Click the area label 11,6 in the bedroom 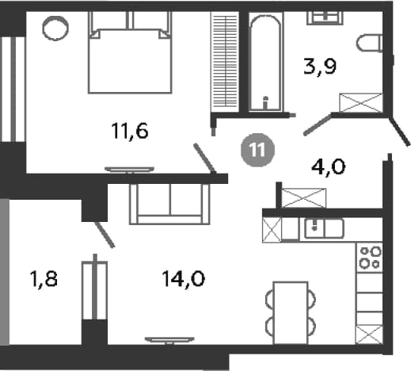coord(130,131)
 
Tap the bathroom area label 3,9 coord(320,67)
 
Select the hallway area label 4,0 coord(329,166)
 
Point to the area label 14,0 coord(184,279)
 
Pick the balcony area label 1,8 coord(44,280)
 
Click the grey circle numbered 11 coord(257,150)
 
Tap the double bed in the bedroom coord(130,52)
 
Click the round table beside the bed coord(55,29)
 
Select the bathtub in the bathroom coord(265,63)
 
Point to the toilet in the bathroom coord(369,43)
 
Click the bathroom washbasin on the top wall coord(325,18)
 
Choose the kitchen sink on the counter coord(324,228)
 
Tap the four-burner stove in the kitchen coord(369,258)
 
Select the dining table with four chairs coord(291,313)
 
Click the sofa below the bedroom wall coord(169,204)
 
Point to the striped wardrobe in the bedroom coord(225,62)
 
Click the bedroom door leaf coord(205,159)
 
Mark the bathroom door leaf coord(318,124)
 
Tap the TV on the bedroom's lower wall coord(129,170)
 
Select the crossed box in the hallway coord(303,198)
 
